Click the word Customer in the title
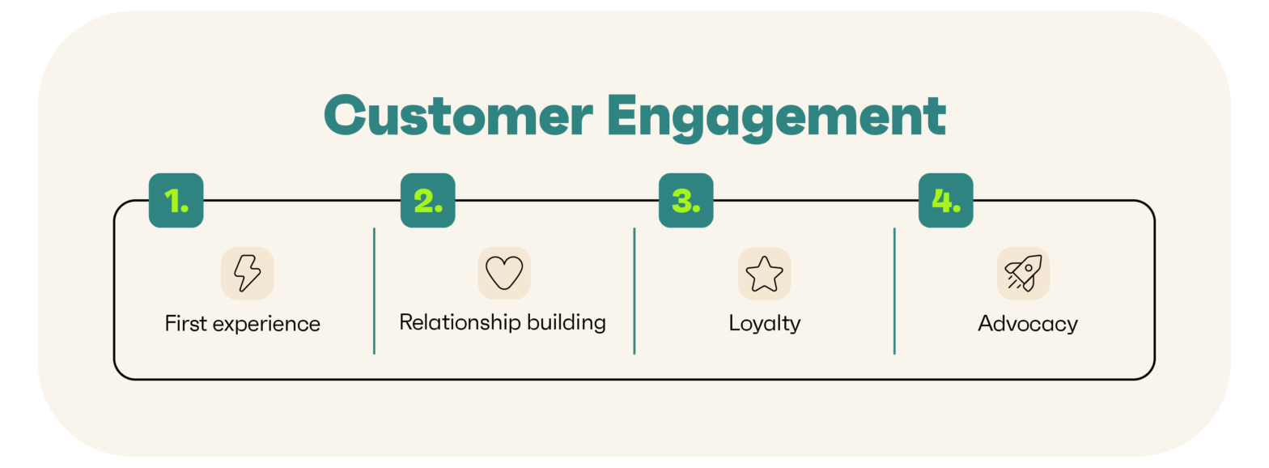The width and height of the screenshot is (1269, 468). point(458,116)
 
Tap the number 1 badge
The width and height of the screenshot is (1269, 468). point(176,201)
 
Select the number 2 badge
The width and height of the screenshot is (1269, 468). point(427,201)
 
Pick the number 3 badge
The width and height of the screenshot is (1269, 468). point(686,201)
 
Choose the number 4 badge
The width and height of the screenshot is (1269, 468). point(946,201)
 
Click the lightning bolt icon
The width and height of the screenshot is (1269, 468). point(248,273)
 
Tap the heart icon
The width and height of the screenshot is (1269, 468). point(504,273)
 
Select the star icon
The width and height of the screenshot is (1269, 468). point(764,274)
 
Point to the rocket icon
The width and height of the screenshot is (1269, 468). point(1023,273)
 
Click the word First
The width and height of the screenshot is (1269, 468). point(186,324)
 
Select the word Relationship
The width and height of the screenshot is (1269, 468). point(460,323)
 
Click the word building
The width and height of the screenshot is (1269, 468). point(567,323)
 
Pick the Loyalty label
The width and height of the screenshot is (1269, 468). point(765,324)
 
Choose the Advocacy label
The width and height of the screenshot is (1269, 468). point(1028,324)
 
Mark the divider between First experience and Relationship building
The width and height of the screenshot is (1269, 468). point(375,291)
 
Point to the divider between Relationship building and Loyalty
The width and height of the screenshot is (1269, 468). point(634,291)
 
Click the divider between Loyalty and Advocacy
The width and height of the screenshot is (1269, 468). point(894,291)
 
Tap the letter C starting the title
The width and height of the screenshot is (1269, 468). point(345,116)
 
